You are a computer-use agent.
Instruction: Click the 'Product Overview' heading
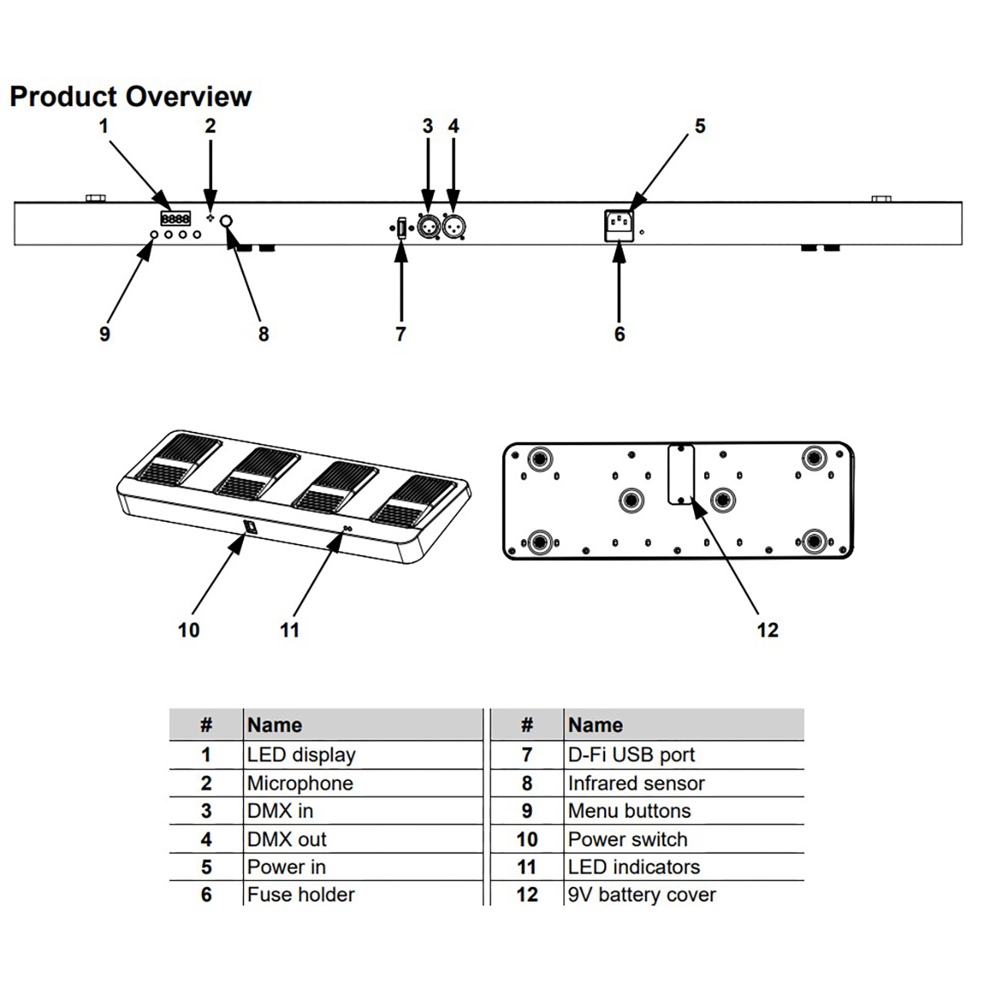pos(130,97)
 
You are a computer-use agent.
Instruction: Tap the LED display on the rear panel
pos(175,219)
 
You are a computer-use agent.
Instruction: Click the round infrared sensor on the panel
pos(227,222)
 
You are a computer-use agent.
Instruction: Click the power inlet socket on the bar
pos(620,223)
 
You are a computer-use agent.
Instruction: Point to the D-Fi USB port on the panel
pos(401,228)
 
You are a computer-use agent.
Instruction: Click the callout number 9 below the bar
pos(105,334)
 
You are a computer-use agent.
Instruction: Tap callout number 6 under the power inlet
pos(620,334)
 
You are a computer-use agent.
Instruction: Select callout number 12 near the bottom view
pos(767,630)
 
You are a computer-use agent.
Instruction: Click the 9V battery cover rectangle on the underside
pos(681,474)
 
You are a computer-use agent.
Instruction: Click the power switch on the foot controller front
pos(250,527)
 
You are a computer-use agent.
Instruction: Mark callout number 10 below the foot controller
pos(188,630)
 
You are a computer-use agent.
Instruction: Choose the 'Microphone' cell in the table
pos(300,783)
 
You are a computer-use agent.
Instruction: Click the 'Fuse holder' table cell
pos(301,895)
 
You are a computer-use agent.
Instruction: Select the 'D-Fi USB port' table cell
pos(631,755)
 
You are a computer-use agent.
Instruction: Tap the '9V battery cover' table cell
pos(642,895)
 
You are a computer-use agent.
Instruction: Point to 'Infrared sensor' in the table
pos(636,783)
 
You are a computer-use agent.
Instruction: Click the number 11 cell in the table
pos(527,867)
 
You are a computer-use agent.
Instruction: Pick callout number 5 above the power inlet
pos(700,126)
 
